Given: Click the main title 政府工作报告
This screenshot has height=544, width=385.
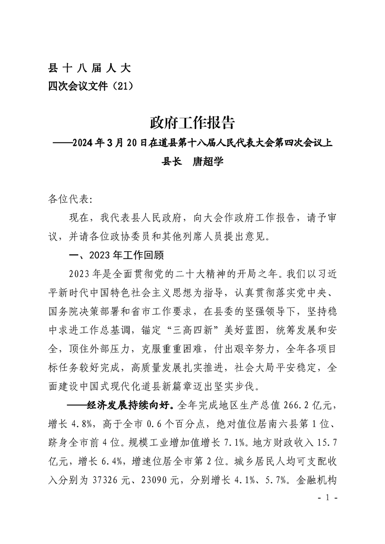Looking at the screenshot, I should (192, 123).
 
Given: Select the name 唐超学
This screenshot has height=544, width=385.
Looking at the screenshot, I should (208, 161).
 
